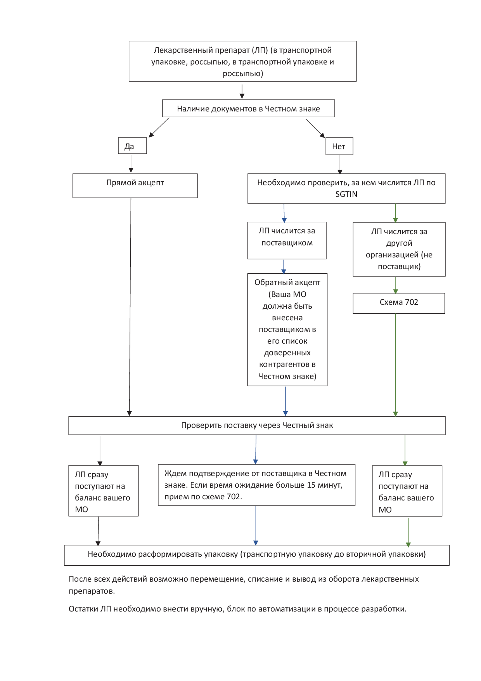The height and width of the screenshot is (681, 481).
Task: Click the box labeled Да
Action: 132,146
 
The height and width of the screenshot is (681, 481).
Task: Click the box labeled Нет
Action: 339,146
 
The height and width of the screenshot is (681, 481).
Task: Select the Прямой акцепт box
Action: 135,186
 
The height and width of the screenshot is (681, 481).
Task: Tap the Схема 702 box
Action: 399,303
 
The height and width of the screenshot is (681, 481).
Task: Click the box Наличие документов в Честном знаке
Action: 248,108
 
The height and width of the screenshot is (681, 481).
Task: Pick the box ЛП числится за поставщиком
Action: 287,240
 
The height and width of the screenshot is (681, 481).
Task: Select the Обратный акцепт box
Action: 287,330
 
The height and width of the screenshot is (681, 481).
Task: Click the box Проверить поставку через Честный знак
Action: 257,426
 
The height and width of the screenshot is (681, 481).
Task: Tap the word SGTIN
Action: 346,194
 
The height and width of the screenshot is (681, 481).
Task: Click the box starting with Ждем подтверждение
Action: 257,485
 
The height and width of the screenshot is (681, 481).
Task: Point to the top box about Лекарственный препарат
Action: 243,61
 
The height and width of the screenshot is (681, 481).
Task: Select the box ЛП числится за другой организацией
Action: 399,249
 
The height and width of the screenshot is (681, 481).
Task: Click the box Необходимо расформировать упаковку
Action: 257,555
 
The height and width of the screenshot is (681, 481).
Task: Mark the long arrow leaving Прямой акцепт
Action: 130,307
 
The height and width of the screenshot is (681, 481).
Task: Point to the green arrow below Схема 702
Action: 396,365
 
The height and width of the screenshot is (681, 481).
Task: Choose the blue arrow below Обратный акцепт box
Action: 285,401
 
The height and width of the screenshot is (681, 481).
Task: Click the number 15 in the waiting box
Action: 311,485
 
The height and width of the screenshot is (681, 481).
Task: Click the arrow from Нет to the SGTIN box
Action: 340,165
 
